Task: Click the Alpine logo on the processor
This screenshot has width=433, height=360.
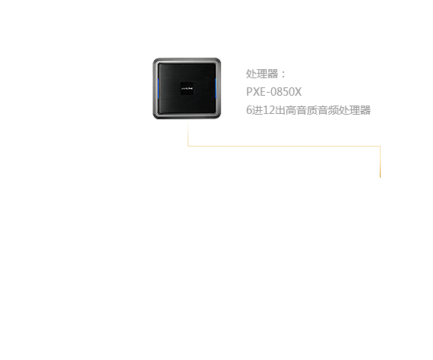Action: pyautogui.click(x=187, y=89)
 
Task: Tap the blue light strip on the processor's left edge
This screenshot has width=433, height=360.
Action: pyautogui.click(x=158, y=88)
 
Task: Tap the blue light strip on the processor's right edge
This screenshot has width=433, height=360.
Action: pyautogui.click(x=216, y=88)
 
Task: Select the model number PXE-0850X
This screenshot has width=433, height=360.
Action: pyautogui.click(x=273, y=92)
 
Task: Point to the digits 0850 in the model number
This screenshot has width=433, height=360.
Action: pyautogui.click(x=284, y=92)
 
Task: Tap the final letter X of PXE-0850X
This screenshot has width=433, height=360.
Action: pyautogui.click(x=299, y=92)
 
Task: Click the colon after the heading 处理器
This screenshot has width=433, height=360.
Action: pyautogui.click(x=283, y=74)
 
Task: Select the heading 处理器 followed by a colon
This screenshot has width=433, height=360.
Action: pyautogui.click(x=266, y=74)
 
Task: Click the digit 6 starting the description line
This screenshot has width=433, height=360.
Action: pyautogui.click(x=249, y=110)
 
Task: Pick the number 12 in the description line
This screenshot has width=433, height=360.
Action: pyautogui.click(x=268, y=110)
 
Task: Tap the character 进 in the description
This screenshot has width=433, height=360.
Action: pyautogui.click(x=258, y=110)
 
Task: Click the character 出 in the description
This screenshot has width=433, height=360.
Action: pyautogui.click(x=280, y=110)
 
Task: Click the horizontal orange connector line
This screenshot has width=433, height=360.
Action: pyautogui.click(x=284, y=146)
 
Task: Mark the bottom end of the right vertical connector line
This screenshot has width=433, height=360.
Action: pyautogui.click(x=381, y=178)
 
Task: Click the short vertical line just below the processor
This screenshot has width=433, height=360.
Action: pyautogui.click(x=188, y=134)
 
